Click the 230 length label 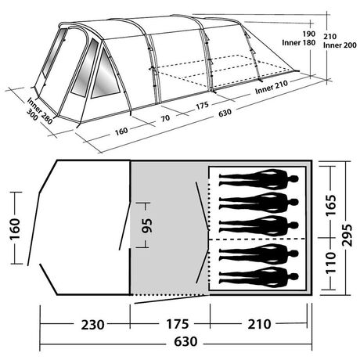coord(84,322)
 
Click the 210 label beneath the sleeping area coord(262,322)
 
